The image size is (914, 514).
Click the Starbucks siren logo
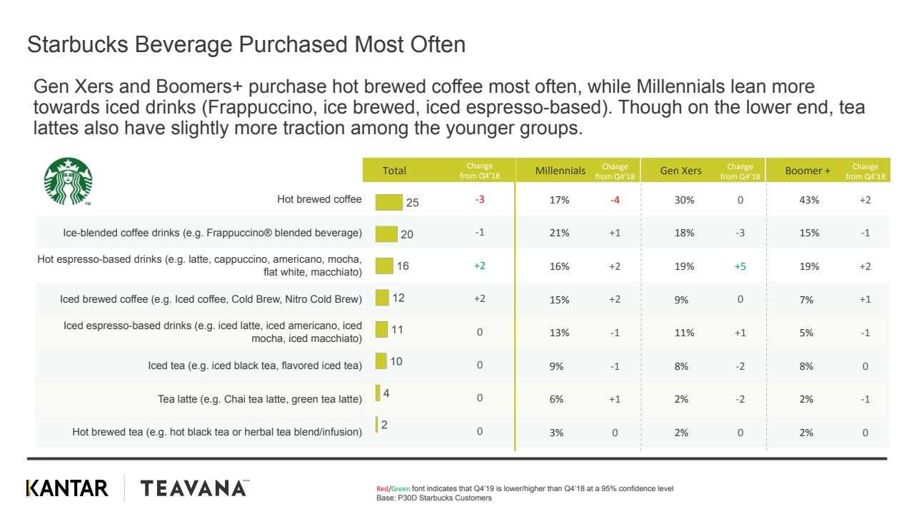point(68,181)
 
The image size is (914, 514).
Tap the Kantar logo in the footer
point(67,488)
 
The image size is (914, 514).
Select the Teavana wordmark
point(194,488)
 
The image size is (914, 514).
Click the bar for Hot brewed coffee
point(389,201)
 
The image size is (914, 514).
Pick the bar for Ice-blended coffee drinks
point(386,233)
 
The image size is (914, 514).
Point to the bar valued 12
point(382,297)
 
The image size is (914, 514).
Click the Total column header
point(394,171)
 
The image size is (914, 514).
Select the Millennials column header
point(561,171)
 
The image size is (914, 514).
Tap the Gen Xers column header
point(681,171)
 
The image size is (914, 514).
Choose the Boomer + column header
point(808,171)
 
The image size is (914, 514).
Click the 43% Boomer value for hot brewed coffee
point(806,200)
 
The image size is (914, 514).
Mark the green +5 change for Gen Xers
point(740,266)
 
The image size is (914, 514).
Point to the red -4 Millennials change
point(615,200)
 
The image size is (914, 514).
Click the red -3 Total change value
point(480,200)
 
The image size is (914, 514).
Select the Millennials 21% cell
point(560,233)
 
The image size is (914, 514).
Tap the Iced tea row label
point(255,366)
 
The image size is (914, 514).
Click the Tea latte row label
point(260,399)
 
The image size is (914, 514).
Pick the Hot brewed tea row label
point(217,432)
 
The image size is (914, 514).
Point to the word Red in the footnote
point(382,489)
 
